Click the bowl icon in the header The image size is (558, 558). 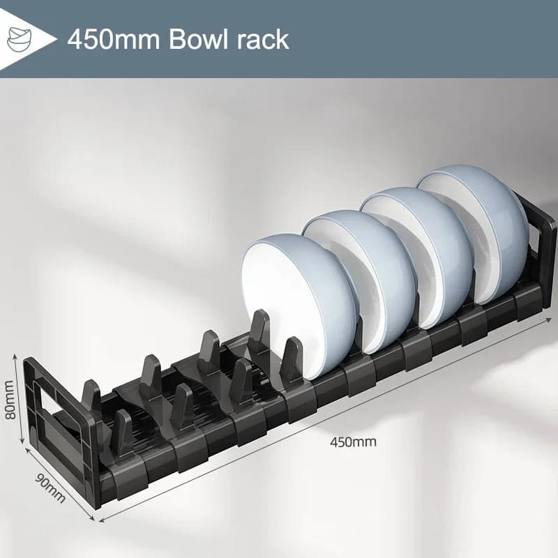pos(20,38)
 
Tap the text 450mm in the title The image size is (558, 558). pos(114,38)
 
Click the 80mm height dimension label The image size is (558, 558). pos(10,399)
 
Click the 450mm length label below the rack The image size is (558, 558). pos(353,442)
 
